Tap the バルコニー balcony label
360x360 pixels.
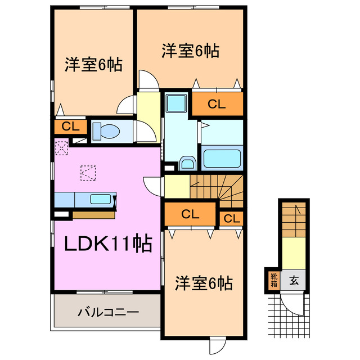(105, 311)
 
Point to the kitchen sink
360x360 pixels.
(101, 199)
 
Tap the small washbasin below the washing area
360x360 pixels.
(187, 164)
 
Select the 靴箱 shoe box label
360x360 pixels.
(273, 279)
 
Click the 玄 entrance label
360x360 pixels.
(294, 280)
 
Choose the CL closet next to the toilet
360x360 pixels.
(70, 127)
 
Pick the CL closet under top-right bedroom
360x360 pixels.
(218, 103)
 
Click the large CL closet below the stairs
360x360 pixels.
(190, 214)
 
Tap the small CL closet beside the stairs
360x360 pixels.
(232, 218)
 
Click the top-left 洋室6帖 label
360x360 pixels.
(91, 65)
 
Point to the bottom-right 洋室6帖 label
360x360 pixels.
(204, 283)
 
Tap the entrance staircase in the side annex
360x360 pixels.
(294, 219)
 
